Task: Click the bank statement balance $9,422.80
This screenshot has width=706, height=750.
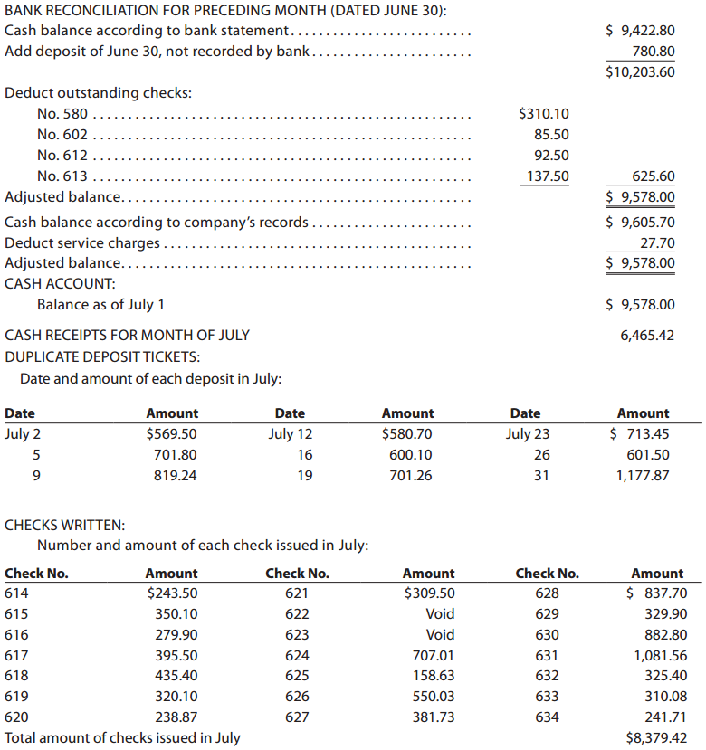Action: click(x=640, y=30)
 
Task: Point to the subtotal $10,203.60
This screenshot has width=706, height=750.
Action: click(x=640, y=72)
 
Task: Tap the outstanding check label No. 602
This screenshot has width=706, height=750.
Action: click(x=62, y=135)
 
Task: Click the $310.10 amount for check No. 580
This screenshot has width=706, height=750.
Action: click(x=543, y=114)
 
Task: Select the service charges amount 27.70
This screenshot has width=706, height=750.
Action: click(x=656, y=242)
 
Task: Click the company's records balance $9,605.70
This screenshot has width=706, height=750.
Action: click(x=640, y=222)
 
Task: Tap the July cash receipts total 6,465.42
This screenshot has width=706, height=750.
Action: click(x=647, y=335)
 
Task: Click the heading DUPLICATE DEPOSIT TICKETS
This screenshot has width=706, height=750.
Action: click(x=102, y=356)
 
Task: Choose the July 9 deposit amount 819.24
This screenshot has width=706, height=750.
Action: click(x=175, y=475)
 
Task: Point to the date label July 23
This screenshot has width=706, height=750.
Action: click(x=527, y=433)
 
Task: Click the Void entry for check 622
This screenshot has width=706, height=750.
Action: click(x=440, y=614)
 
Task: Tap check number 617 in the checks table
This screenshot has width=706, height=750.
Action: click(x=16, y=655)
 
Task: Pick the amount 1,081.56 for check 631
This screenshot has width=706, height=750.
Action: click(x=660, y=655)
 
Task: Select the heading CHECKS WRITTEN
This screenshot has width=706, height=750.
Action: click(x=65, y=525)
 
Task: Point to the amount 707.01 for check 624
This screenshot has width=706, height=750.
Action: click(x=432, y=655)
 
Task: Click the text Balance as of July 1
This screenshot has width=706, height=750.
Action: click(x=100, y=305)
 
